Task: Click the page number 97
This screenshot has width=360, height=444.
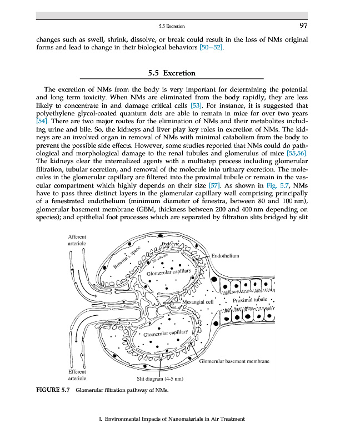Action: click(x=303, y=26)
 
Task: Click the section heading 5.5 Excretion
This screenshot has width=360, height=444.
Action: click(x=172, y=73)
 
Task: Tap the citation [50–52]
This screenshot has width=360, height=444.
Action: click(x=212, y=48)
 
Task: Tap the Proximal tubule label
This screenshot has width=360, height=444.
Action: click(x=251, y=300)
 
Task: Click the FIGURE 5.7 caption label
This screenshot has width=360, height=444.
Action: click(x=53, y=390)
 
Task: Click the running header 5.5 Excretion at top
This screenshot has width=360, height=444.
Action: click(x=171, y=26)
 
